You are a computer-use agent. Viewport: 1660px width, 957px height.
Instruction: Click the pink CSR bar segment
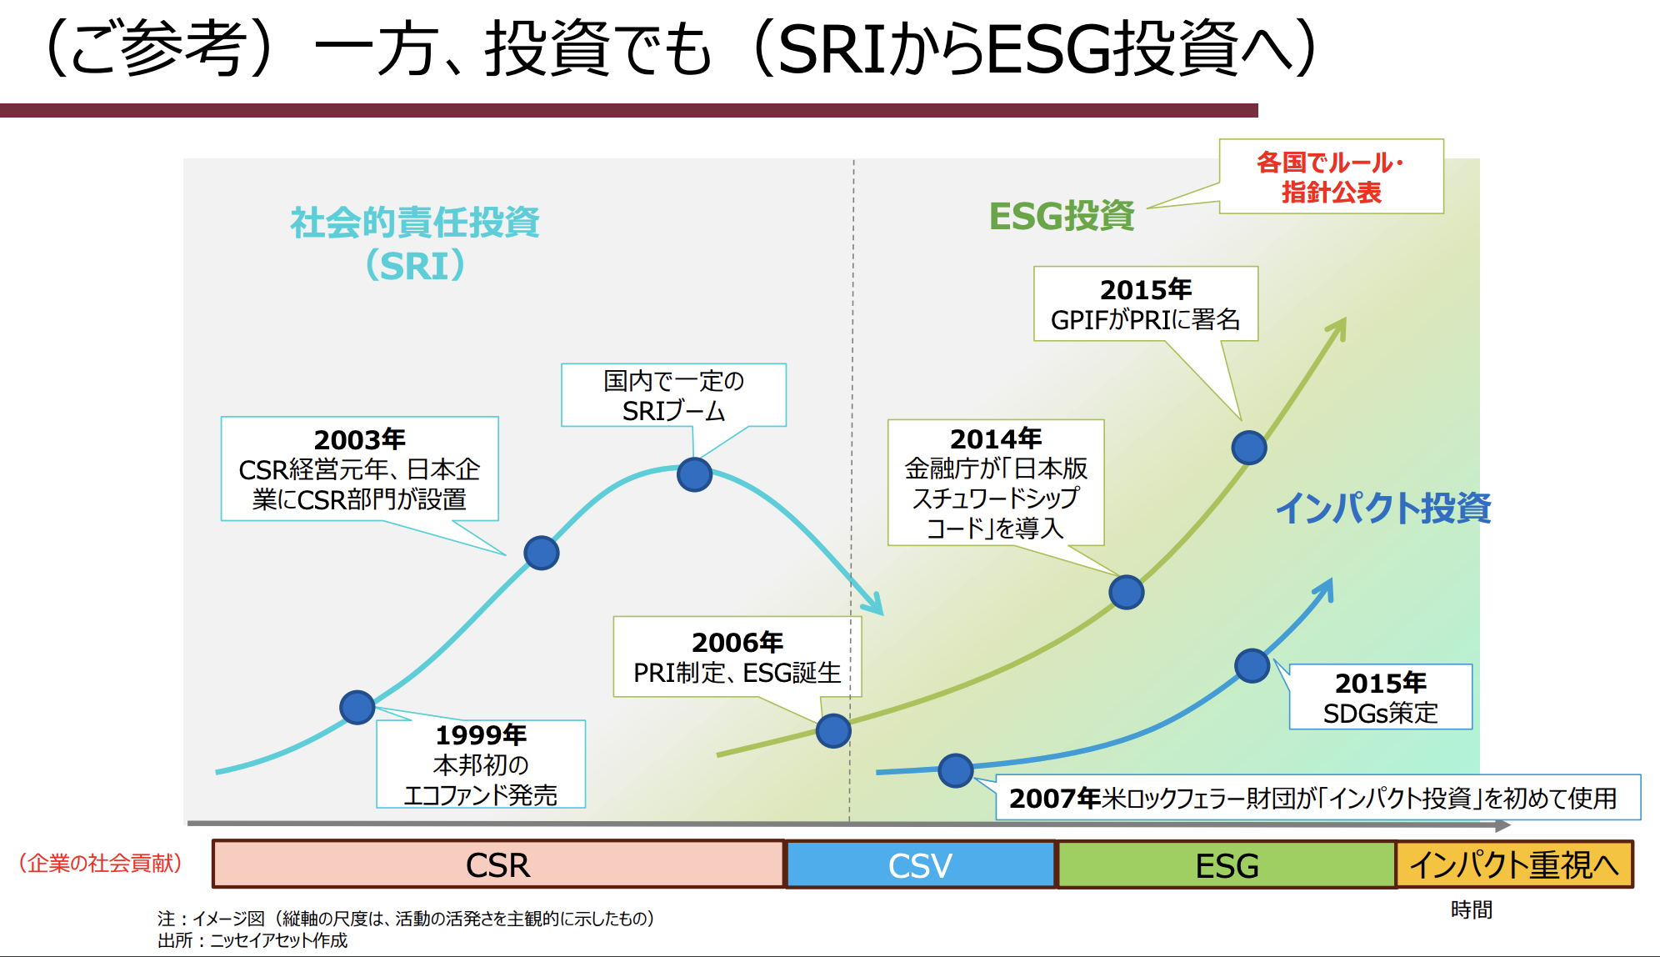click(x=497, y=864)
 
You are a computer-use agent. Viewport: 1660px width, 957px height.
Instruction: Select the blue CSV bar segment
click(x=920, y=864)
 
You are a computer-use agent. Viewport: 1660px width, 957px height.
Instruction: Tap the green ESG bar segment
click(x=1227, y=864)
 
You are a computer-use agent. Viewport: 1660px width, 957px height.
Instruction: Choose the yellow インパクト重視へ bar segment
click(x=1514, y=864)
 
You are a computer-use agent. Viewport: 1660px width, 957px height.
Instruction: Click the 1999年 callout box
click(x=481, y=764)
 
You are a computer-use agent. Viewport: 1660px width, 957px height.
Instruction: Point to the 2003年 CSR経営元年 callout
click(x=359, y=468)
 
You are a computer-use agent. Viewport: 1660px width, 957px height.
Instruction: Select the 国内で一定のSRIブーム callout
click(x=673, y=395)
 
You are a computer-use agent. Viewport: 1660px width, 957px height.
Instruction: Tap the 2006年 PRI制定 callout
click(x=737, y=657)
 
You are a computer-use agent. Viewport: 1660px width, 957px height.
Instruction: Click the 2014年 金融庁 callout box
click(x=996, y=483)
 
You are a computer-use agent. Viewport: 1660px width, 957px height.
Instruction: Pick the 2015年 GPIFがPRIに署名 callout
click(x=1145, y=304)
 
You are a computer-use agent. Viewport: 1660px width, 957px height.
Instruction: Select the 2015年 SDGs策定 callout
click(x=1380, y=697)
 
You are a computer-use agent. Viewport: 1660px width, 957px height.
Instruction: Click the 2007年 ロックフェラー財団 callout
click(x=1317, y=798)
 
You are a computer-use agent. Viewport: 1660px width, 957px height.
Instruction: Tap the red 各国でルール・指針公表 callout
click(x=1331, y=177)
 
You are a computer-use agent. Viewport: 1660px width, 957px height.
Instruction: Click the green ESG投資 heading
click(x=1062, y=216)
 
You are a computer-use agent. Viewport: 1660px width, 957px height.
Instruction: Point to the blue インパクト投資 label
click(x=1383, y=508)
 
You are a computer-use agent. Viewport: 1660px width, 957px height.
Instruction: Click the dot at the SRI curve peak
click(x=694, y=474)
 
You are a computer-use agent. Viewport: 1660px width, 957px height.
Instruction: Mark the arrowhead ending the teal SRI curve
click(x=875, y=605)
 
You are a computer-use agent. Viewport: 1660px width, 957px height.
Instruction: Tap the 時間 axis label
click(x=1471, y=909)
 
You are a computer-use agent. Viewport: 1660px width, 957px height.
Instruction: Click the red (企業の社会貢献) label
click(x=101, y=863)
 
